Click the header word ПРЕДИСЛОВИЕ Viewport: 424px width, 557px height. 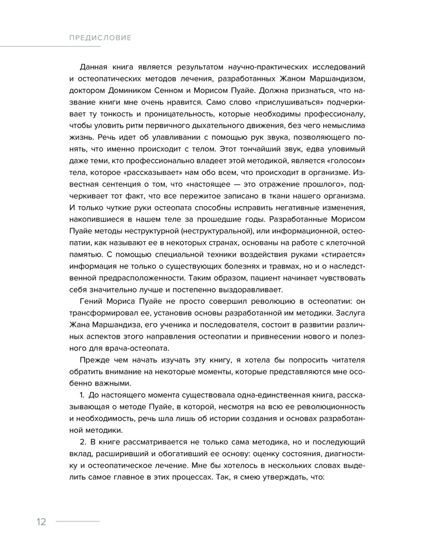tap(100, 38)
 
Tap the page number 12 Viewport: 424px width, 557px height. tap(41, 522)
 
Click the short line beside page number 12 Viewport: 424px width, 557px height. tap(77, 521)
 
